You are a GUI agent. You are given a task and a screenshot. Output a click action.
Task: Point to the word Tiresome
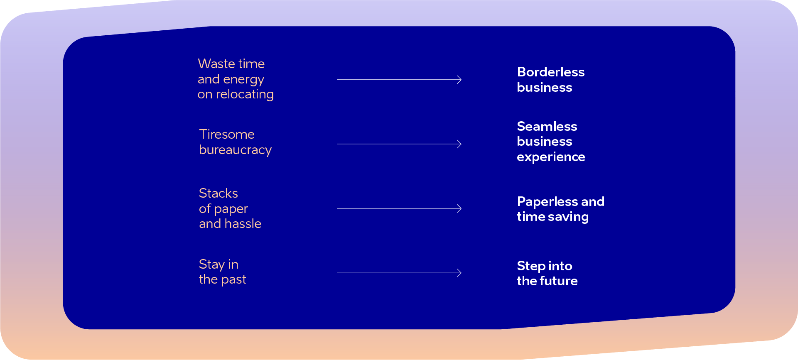[x=227, y=134]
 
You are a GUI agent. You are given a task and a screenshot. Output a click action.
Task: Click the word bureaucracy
[x=235, y=150]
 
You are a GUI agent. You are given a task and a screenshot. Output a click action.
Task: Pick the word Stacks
[x=219, y=193]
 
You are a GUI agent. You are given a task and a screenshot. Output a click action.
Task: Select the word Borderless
[x=551, y=72]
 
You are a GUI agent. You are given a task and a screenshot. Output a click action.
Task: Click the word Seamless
[x=547, y=126]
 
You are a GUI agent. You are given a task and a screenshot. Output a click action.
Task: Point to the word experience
[x=551, y=157]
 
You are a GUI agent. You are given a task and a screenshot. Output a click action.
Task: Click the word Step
[x=530, y=266]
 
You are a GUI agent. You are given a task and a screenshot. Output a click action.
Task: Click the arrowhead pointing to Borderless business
[x=459, y=80]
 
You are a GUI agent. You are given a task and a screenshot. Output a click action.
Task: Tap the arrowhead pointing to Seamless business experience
[x=459, y=144]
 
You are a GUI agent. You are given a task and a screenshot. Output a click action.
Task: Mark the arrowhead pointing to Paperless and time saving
[x=459, y=208]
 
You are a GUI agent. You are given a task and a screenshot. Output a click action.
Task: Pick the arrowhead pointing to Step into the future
[x=459, y=273]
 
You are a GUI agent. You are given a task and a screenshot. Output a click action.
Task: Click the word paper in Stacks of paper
[x=231, y=209]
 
